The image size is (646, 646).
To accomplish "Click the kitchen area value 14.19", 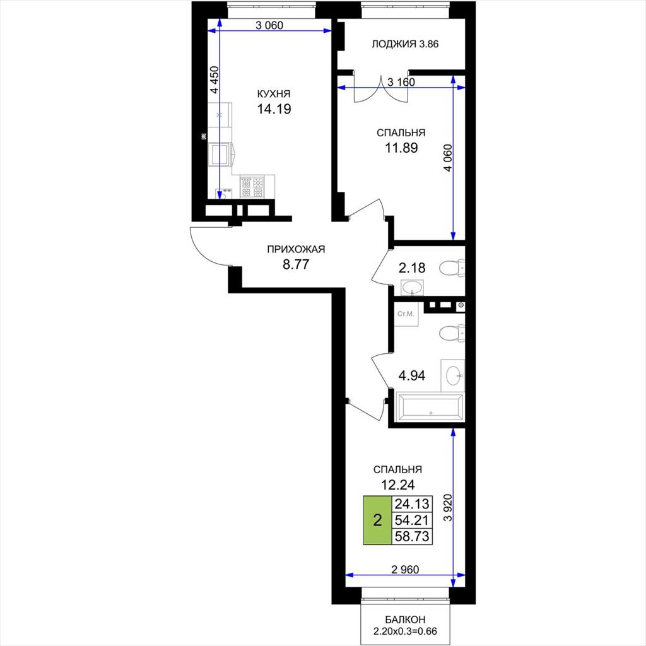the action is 274,109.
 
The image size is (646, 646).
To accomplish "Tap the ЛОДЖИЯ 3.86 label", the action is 405,44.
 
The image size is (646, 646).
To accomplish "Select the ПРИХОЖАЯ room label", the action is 296,249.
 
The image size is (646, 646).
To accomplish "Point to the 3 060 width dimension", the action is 269,25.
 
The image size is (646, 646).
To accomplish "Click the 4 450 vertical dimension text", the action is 214,80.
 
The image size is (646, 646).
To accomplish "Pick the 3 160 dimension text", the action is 401,82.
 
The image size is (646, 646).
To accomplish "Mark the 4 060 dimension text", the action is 448,157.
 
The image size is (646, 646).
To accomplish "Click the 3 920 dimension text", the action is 448,508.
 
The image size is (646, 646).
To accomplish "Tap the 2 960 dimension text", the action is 404,570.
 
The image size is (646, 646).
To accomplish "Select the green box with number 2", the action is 377,520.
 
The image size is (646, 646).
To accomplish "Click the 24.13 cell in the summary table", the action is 412,504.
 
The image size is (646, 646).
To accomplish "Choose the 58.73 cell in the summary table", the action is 412,536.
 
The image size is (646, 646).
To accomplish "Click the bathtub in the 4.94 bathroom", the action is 429,407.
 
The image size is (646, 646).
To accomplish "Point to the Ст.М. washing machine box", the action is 406,314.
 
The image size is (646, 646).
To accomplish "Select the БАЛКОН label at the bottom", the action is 405,620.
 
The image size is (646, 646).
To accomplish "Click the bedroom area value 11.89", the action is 401,148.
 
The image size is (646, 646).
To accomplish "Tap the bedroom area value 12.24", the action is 397,485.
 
